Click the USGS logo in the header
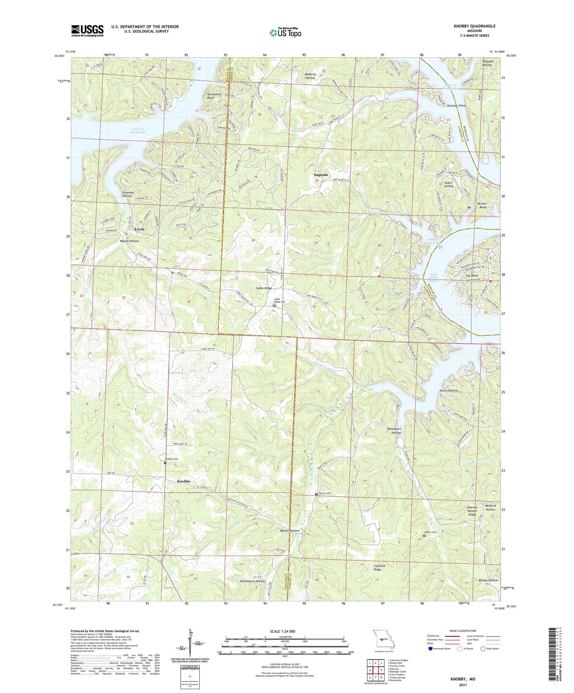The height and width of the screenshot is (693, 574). [87, 31]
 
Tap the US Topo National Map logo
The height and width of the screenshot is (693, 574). [285, 32]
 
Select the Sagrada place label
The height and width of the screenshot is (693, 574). [321, 175]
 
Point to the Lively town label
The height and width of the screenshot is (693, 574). [140, 229]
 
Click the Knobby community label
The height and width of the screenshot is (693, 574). [184, 481]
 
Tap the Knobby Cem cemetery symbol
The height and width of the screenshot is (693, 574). [165, 463]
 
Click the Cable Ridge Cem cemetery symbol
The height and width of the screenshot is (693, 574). [274, 305]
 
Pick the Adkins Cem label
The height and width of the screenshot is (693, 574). [430, 532]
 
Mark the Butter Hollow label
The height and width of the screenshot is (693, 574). [289, 531]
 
